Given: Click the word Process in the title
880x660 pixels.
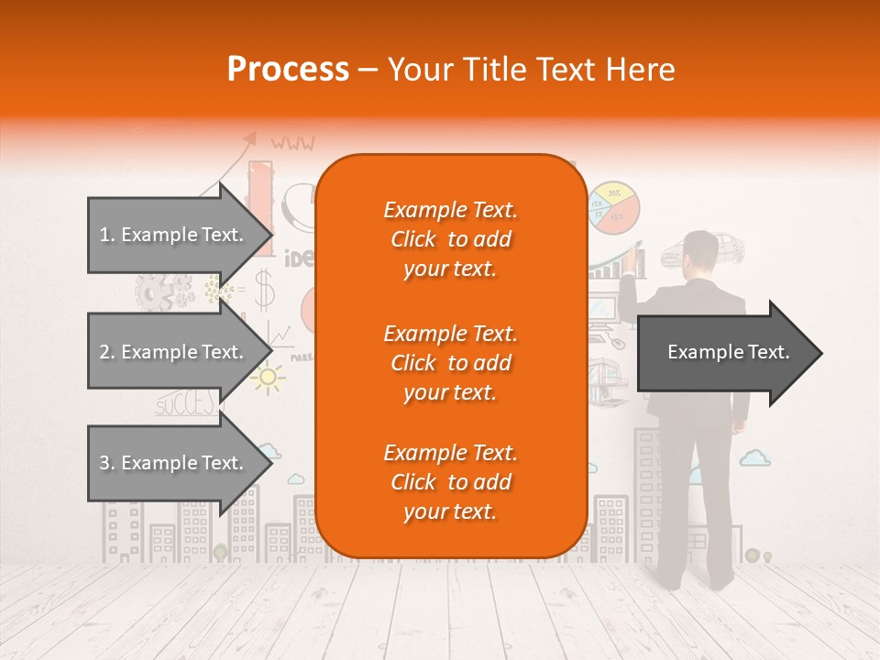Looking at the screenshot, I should pyautogui.click(x=288, y=69).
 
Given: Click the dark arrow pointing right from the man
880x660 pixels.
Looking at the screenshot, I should pyautogui.click(x=729, y=352).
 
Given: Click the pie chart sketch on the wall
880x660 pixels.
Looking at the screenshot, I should pyautogui.click(x=614, y=207).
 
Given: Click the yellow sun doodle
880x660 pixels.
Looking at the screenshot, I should pyautogui.click(x=268, y=377).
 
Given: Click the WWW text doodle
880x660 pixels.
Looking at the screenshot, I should pyautogui.click(x=292, y=143).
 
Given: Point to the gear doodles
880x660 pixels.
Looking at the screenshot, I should pyautogui.click(x=161, y=291).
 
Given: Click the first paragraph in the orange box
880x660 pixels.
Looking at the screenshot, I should pyautogui.click(x=450, y=239).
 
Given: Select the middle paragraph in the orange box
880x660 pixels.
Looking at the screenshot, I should pyautogui.click(x=450, y=363).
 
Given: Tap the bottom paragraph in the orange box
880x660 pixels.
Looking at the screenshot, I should pyautogui.click(x=450, y=482).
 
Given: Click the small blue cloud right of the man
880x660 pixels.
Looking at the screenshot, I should pyautogui.click(x=754, y=456).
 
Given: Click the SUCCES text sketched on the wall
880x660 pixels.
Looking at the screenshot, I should pyautogui.click(x=185, y=403).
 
